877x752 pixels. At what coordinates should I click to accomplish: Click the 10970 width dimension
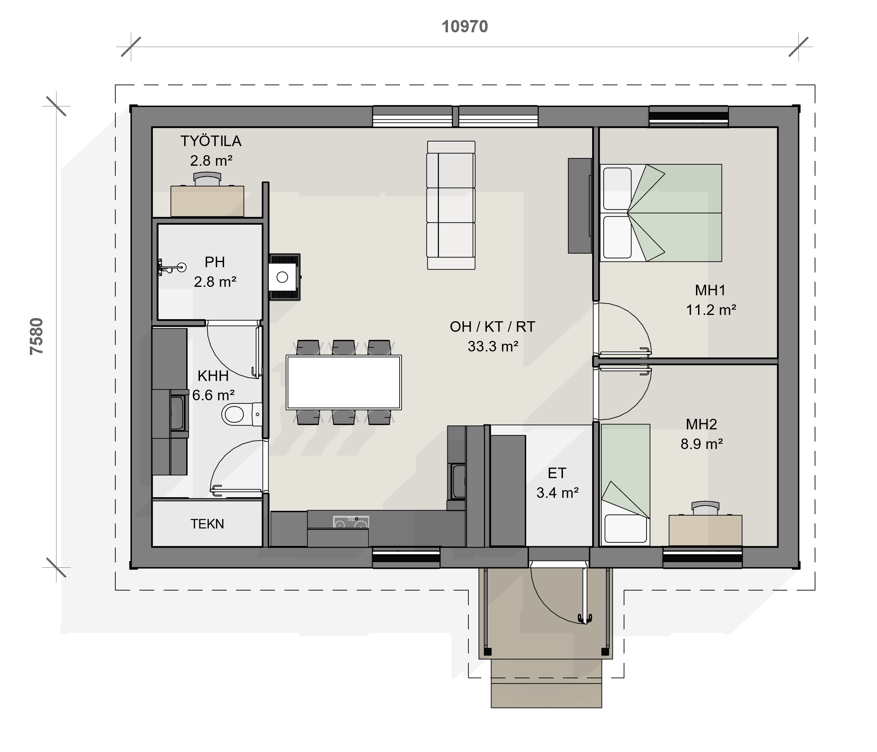tap(465, 27)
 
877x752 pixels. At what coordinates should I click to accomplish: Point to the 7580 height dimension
tap(37, 336)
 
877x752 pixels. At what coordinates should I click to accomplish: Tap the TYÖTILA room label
tap(211, 141)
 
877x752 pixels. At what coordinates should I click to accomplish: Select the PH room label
tap(215, 262)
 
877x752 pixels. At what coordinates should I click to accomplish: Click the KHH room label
tap(213, 376)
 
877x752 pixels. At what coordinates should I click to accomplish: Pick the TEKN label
tap(207, 524)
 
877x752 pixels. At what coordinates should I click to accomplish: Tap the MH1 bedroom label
tap(710, 290)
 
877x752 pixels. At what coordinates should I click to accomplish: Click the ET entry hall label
tap(557, 473)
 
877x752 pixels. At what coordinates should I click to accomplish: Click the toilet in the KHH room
tap(242, 414)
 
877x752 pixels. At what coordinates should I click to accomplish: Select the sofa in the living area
tap(451, 205)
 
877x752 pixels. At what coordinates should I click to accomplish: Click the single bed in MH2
tap(625, 485)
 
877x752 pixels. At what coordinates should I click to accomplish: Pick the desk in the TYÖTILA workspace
tap(207, 201)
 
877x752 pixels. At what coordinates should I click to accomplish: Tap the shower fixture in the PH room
tap(172, 267)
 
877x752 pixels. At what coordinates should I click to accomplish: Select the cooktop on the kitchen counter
tap(351, 522)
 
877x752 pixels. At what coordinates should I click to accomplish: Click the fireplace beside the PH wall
tap(284, 277)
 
